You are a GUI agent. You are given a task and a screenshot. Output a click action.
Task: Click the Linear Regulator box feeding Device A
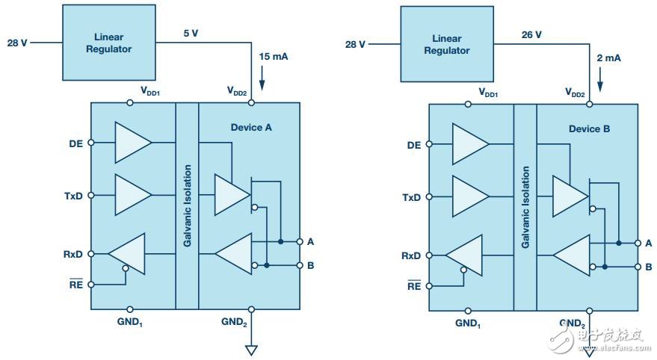113,43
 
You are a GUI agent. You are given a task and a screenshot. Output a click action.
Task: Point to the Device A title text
251,127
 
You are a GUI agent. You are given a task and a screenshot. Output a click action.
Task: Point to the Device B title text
589,128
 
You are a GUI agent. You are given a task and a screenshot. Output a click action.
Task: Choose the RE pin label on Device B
413,285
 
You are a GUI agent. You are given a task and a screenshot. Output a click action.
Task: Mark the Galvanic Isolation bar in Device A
187,205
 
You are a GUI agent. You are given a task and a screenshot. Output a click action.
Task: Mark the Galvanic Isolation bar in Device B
525,207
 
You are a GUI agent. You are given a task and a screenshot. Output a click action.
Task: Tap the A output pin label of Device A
310,241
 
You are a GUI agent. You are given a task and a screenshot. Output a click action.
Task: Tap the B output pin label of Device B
649,267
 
